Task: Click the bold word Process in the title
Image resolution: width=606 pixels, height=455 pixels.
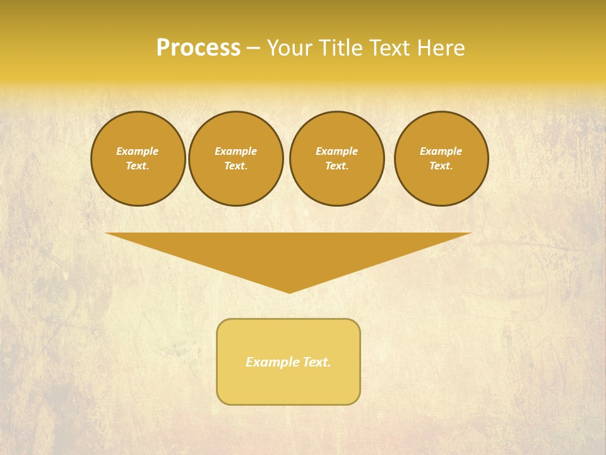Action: coord(198,48)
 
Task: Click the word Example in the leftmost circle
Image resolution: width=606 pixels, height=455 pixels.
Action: coord(138,151)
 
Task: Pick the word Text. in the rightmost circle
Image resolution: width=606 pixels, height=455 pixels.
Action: coord(441,166)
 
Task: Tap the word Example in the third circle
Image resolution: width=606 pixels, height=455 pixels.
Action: coord(337,151)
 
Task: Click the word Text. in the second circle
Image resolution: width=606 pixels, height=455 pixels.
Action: coord(236,166)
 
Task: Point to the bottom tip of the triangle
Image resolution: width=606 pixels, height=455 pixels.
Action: coord(289,292)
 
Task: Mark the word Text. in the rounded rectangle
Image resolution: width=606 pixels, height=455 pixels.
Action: coord(317,362)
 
